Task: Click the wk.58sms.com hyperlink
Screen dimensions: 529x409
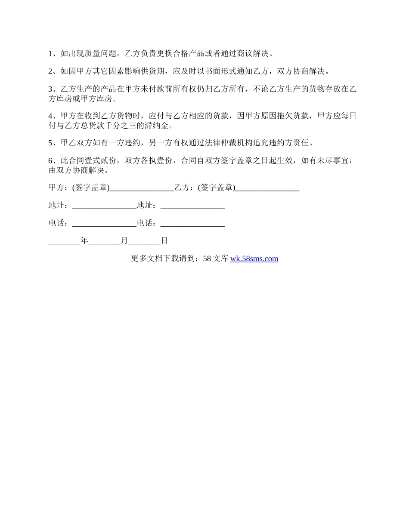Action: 254,258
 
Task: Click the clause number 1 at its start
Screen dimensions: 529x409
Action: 50,53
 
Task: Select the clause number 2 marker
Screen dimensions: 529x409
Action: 50,71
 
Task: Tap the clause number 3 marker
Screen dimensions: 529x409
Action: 50,89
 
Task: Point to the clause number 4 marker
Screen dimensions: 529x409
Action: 50,116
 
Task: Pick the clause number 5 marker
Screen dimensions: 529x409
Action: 50,142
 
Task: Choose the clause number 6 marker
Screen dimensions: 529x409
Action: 50,160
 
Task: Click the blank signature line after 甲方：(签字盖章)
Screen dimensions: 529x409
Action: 142,188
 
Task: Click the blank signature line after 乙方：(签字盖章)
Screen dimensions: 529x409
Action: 267,188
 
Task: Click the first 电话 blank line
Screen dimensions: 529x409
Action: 104,224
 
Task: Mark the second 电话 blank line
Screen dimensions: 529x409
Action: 192,224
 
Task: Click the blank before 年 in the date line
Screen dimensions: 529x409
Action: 64,242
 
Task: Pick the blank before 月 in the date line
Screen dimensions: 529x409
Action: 104,242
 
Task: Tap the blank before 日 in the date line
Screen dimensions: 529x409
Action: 144,242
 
